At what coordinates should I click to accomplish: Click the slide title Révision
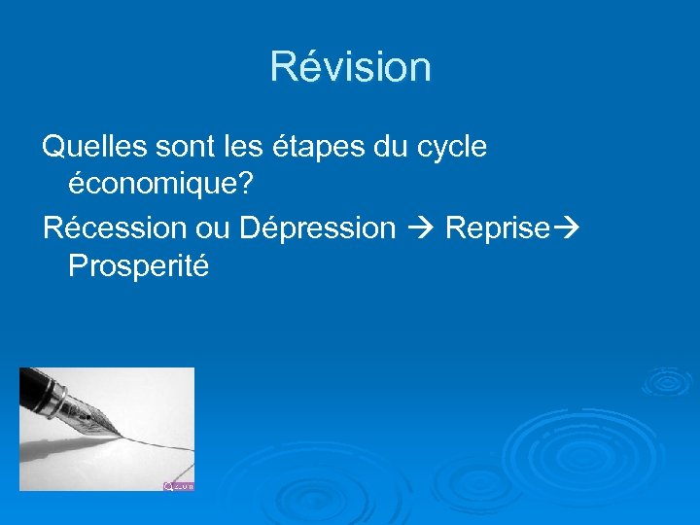[350, 67]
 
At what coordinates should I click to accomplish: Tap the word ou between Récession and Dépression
[213, 228]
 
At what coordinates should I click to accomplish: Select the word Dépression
[317, 228]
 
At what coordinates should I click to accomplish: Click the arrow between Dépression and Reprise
[420, 228]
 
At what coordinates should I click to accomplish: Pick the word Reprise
[496, 228]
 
